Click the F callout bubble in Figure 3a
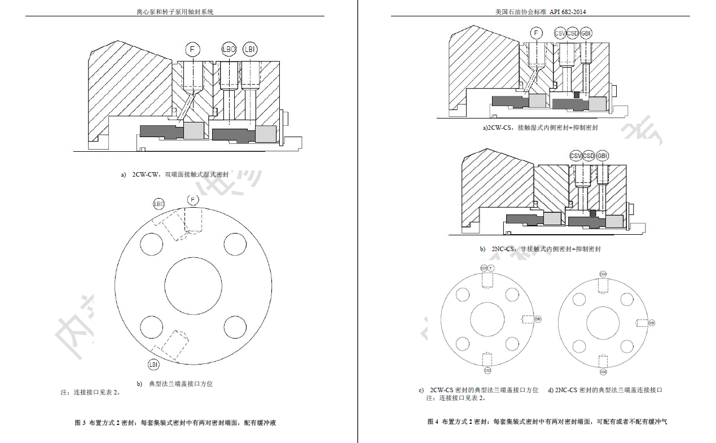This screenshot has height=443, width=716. pos(192,50)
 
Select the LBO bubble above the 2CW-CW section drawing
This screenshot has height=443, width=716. pos(229,50)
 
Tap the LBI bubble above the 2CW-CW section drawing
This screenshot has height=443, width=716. pos(249,50)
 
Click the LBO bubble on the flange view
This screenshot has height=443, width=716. pos(159,204)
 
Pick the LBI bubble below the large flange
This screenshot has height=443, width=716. pos(153,365)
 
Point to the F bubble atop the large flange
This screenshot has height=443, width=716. pos(193,200)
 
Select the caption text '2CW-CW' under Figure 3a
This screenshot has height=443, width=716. pos(145,175)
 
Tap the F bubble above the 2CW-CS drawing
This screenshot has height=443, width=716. pos(537,33)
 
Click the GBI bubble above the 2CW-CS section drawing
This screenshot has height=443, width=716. pos(586,33)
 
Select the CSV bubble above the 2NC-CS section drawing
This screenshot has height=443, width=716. pos(576,156)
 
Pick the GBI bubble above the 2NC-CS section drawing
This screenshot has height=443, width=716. pos(603,156)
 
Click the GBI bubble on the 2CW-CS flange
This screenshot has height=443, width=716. pos(538,319)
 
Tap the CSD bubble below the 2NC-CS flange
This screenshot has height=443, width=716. pos(603,372)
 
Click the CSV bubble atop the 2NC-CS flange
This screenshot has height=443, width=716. pos(603,274)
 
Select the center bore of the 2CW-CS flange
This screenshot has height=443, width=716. pos(487,319)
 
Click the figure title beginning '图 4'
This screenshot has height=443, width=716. pos(547,422)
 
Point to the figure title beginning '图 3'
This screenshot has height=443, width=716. pos(175,423)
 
